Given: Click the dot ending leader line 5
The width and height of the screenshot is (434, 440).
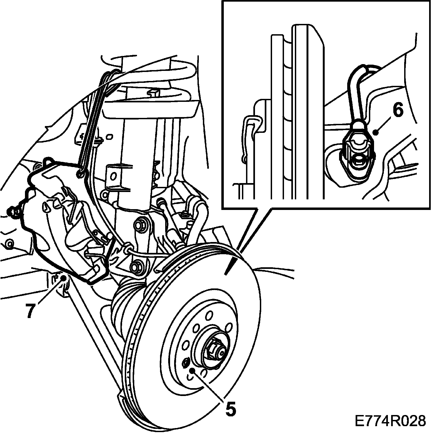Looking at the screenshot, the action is tap(192, 370).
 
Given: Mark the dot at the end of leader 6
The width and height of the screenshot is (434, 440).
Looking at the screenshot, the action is tap(375, 132).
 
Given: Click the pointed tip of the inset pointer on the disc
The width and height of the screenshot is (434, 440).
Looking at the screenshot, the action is tap(226, 275).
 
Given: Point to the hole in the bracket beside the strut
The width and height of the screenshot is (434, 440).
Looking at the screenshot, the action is tap(113, 177).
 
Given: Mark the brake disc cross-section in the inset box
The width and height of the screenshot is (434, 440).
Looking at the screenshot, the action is tap(298, 114).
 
